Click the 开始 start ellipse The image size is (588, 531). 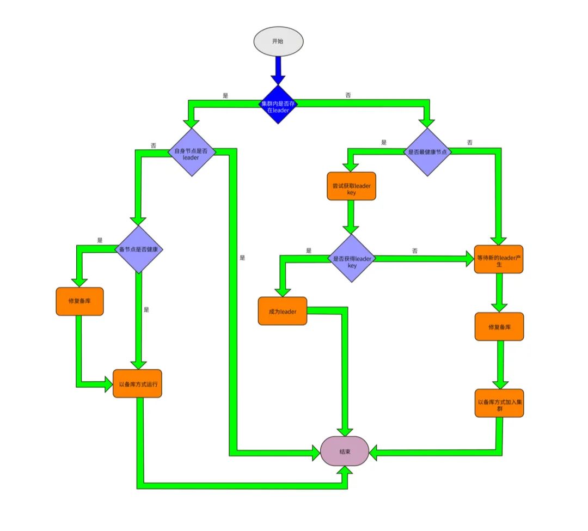pyautogui.click(x=278, y=41)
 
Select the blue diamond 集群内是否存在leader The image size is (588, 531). pyautogui.click(x=278, y=104)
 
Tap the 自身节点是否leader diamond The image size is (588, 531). pyautogui.click(x=191, y=152)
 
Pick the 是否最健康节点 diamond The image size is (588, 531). pyautogui.click(x=427, y=152)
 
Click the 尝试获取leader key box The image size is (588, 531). pyautogui.click(x=351, y=186)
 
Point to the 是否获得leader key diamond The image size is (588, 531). pyautogui.click(x=352, y=258)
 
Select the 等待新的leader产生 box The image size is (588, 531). pyautogui.click(x=499, y=259)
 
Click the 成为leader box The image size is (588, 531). pyautogui.click(x=282, y=311)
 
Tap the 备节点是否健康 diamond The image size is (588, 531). pyautogui.click(x=141, y=249)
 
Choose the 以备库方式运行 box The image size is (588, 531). pyautogui.click(x=137, y=383)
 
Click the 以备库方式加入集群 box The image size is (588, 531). pyautogui.click(x=499, y=403)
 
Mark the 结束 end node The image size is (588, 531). pyautogui.click(x=344, y=451)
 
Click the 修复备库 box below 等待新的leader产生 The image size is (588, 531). pyautogui.click(x=499, y=326)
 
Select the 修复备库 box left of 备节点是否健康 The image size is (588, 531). pyautogui.click(x=79, y=301)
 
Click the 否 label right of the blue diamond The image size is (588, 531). pyautogui.click(x=348, y=95)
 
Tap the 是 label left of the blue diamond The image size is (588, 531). pyautogui.click(x=225, y=95)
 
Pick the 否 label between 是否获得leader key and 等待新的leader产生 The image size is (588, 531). pyautogui.click(x=415, y=251)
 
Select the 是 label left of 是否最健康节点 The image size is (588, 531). pyautogui.click(x=383, y=143)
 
